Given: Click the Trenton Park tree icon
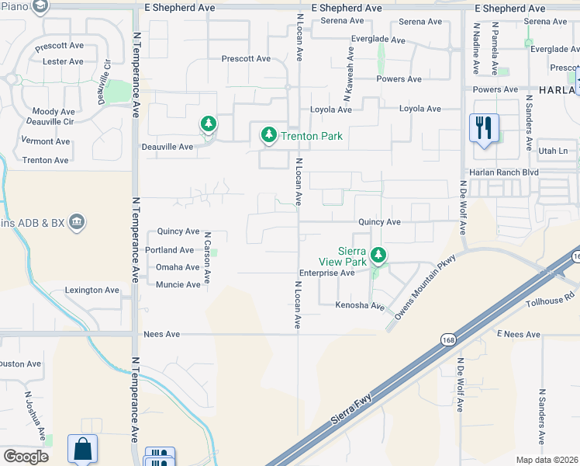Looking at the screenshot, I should point(269,135).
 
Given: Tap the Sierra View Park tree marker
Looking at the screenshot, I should point(378,254).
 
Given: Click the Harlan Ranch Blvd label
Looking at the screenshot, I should point(502,172).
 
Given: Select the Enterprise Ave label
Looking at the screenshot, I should point(326,273).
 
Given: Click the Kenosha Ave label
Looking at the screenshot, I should point(361,306).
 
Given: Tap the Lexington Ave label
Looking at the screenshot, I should point(93,290).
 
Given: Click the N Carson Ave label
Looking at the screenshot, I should point(208,256).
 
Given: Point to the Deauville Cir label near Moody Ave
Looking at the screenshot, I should point(51,122).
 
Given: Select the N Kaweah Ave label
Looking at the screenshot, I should point(350,71).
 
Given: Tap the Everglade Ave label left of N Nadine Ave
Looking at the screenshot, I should point(377,40).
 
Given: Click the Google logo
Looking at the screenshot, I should point(26,457).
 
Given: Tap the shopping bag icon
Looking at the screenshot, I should point(82,449).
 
